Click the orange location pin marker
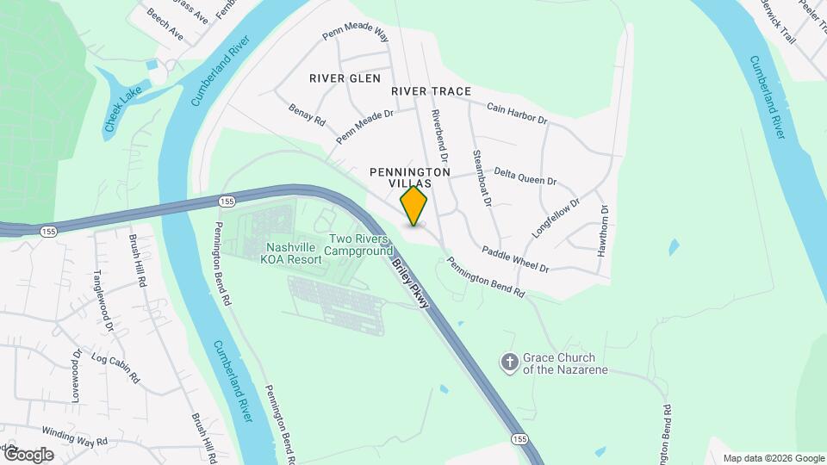(414, 207)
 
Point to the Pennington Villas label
(410, 177)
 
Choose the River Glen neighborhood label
(345, 78)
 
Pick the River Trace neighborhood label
(431, 91)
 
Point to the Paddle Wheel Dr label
(515, 258)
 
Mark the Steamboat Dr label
(481, 178)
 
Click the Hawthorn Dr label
(603, 231)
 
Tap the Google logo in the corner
(28, 455)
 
